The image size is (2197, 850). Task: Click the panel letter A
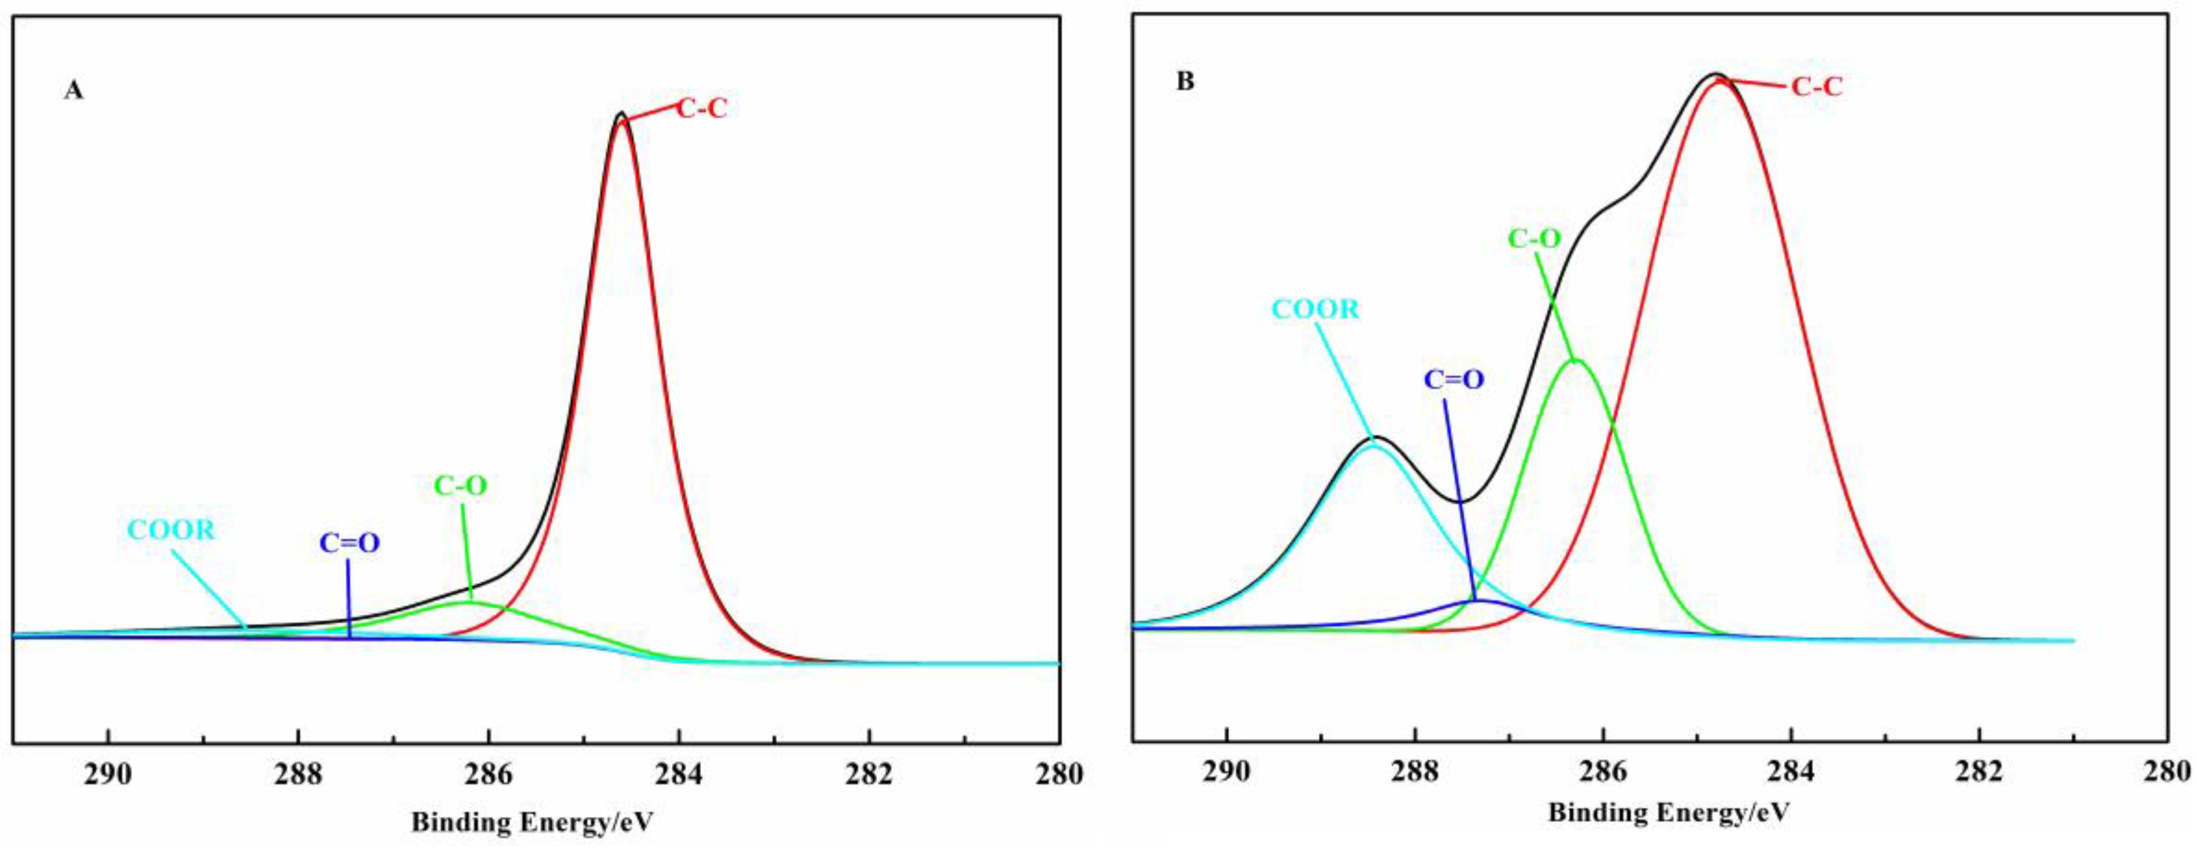click(x=74, y=90)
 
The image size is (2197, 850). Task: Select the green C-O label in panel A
click(x=461, y=486)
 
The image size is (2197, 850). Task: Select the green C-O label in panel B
click(x=1534, y=238)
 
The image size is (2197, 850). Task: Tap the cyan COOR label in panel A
click(x=172, y=530)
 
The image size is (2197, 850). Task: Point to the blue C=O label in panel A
click(x=350, y=543)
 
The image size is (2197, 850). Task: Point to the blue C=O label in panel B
click(x=1454, y=380)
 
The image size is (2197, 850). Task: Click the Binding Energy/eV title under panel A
click(x=532, y=822)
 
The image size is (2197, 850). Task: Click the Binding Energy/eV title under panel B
click(x=1668, y=812)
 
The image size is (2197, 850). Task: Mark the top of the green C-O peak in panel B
click(x=1576, y=360)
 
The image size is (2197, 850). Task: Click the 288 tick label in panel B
click(x=1415, y=771)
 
